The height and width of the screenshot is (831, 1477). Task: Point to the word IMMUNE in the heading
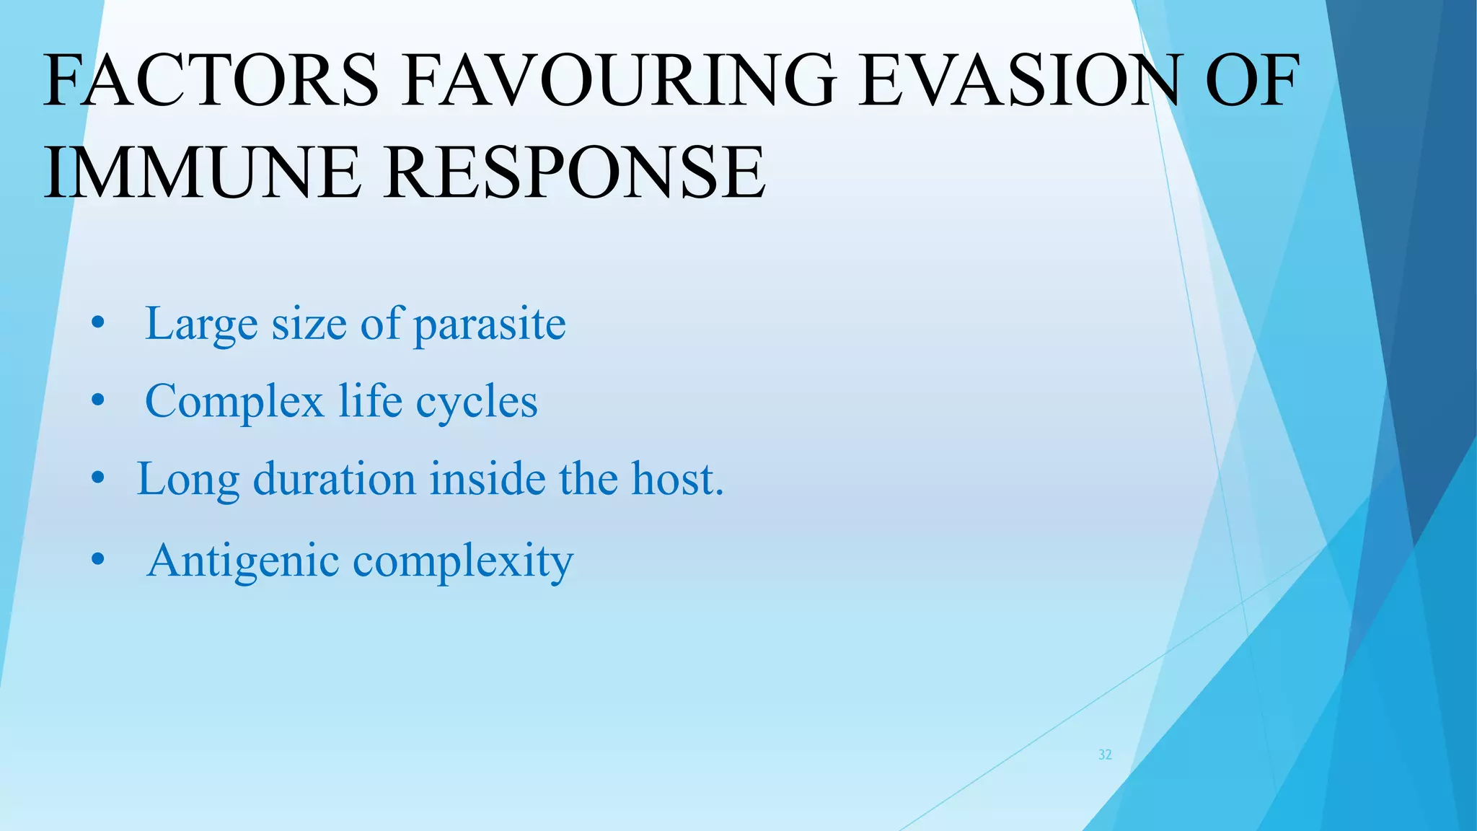pyautogui.click(x=203, y=173)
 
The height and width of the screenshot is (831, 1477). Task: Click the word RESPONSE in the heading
pyautogui.click(x=574, y=173)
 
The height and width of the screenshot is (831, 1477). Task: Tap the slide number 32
pyautogui.click(x=1104, y=755)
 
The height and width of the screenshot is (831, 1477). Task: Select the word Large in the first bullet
pyautogui.click(x=201, y=324)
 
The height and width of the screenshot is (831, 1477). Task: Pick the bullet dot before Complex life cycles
pyautogui.click(x=98, y=401)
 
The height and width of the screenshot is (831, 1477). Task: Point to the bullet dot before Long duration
pyautogui.click(x=98, y=478)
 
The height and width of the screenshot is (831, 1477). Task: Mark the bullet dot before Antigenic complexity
pyautogui.click(x=98, y=560)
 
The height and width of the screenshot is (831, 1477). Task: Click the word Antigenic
pyautogui.click(x=243, y=561)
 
